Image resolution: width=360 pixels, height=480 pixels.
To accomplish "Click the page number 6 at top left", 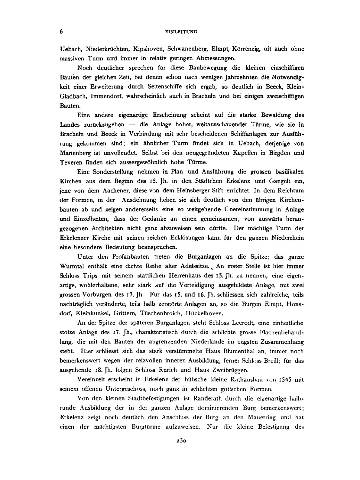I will (61, 31).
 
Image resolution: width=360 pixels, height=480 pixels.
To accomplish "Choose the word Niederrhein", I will (286, 238).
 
